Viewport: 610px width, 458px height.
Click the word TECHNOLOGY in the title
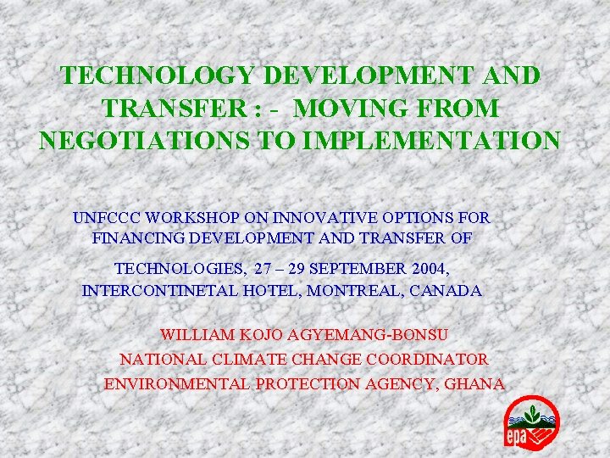click(158, 75)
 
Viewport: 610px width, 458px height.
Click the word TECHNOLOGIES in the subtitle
click(180, 270)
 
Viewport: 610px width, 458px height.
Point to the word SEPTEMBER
click(355, 270)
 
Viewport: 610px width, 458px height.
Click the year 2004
click(428, 270)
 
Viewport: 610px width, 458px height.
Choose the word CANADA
click(447, 291)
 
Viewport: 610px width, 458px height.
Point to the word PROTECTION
click(308, 383)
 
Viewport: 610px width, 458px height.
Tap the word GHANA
click(475, 383)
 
